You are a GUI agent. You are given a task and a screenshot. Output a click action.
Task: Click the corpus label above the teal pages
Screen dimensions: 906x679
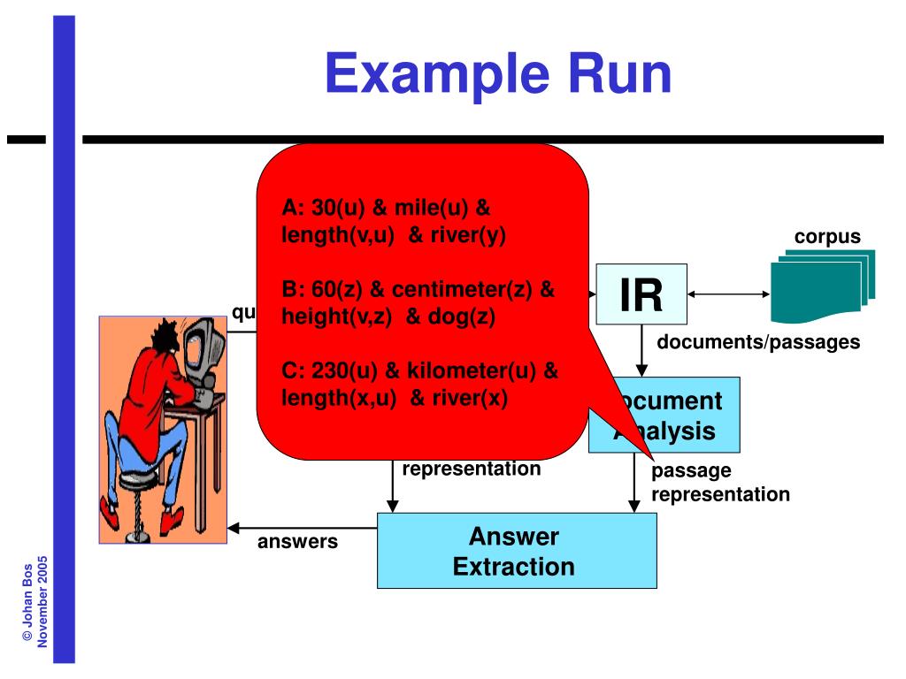coord(826,237)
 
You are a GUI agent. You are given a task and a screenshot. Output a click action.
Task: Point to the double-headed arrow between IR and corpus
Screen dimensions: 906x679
coord(727,295)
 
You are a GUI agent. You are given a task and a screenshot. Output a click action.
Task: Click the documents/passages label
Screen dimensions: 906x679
coord(757,342)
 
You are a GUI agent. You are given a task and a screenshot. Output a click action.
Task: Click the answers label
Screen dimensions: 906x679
coord(297,541)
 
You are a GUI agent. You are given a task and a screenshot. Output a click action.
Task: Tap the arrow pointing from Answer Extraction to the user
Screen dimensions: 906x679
coord(301,528)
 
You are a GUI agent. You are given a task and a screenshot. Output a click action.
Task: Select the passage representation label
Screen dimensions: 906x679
coord(719,483)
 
